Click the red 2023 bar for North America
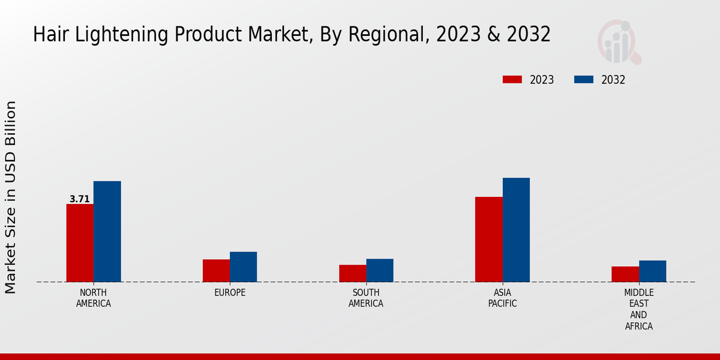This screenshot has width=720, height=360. click(x=80, y=243)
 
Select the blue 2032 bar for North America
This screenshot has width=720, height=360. click(x=107, y=232)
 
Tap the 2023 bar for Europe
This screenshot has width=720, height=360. click(x=216, y=271)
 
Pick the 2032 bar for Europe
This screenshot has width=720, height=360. click(x=243, y=267)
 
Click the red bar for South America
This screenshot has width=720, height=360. click(x=352, y=274)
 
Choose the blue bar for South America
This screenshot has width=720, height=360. click(x=380, y=271)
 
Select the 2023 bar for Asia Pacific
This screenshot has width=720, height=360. click(x=488, y=239)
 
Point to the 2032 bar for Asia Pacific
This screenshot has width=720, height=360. click(x=516, y=230)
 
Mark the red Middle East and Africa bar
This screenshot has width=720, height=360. click(x=625, y=274)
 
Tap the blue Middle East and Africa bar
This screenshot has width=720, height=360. click(x=652, y=271)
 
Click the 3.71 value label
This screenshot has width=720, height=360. click(x=80, y=199)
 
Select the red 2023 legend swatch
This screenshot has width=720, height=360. click(x=512, y=80)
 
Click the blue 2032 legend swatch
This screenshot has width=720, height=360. click(x=584, y=80)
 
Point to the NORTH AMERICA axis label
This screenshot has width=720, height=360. click(x=94, y=298)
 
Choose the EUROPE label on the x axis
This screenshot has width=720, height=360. click(x=230, y=293)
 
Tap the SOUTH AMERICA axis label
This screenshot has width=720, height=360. click(x=366, y=298)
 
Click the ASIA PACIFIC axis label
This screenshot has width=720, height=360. click(x=502, y=298)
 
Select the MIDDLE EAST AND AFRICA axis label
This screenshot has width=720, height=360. click(x=638, y=310)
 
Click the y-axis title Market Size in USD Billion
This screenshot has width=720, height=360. click(x=11, y=197)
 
